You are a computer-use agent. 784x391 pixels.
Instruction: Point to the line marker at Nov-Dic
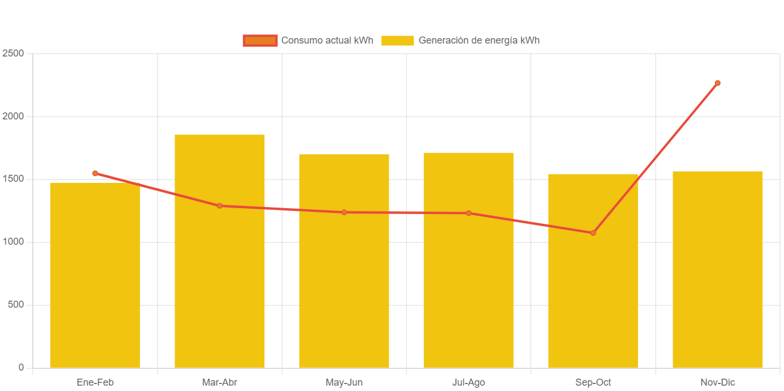pos(717,83)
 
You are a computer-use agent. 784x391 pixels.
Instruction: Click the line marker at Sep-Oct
pos(593,233)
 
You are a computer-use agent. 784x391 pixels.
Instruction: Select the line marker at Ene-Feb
pos(95,173)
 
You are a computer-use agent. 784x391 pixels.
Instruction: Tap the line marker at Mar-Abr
pos(219,205)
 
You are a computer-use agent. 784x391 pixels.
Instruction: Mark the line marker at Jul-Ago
pos(468,213)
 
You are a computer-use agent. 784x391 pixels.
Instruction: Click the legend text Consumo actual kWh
pos(327,40)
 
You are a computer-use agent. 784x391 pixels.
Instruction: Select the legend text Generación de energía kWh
pos(479,40)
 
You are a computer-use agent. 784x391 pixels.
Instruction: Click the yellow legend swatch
pos(397,40)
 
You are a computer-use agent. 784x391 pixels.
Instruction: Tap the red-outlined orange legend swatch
pos(260,40)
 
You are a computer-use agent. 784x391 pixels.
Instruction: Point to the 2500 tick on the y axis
pos(13,53)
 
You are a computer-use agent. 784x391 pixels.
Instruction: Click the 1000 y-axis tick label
pos(13,241)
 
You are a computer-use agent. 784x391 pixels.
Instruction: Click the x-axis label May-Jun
pos(344,382)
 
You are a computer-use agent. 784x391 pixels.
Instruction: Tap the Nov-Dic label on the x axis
pos(717,382)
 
